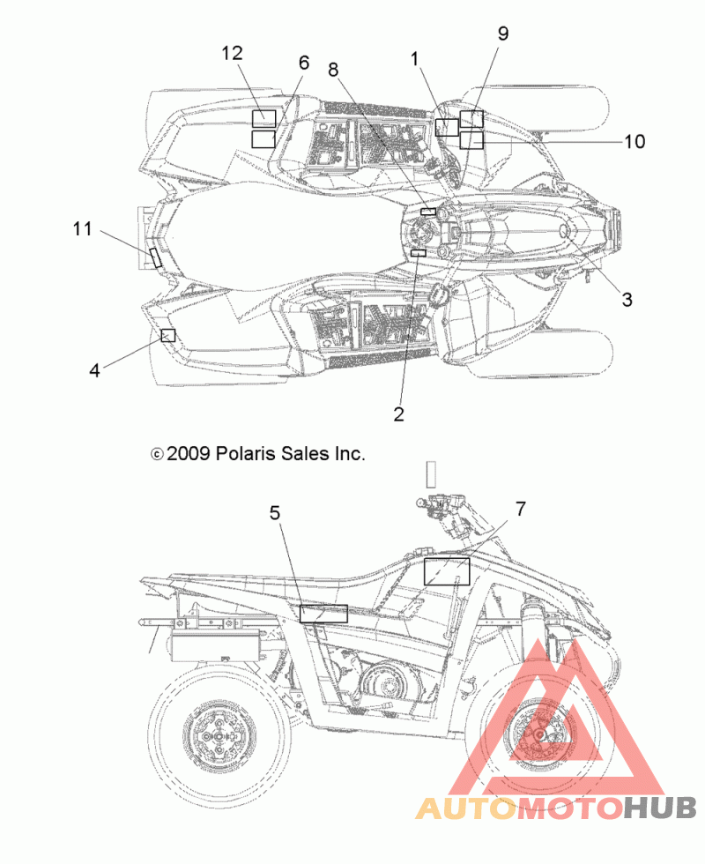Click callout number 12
coord(232,53)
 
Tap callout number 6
coord(304,63)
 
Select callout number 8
coord(333,70)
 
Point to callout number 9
coord(503,34)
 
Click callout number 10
coord(634,142)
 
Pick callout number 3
coord(627,300)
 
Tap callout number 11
coord(83,228)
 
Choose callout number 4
coord(95,370)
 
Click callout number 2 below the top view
coord(398,413)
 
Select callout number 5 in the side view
coord(275,513)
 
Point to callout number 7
coord(521,510)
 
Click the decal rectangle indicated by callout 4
coord(168,335)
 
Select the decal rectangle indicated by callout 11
coord(156,257)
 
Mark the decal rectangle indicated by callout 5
coord(324,614)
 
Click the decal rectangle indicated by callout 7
coord(447,571)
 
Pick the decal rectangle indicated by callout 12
coord(263,118)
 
